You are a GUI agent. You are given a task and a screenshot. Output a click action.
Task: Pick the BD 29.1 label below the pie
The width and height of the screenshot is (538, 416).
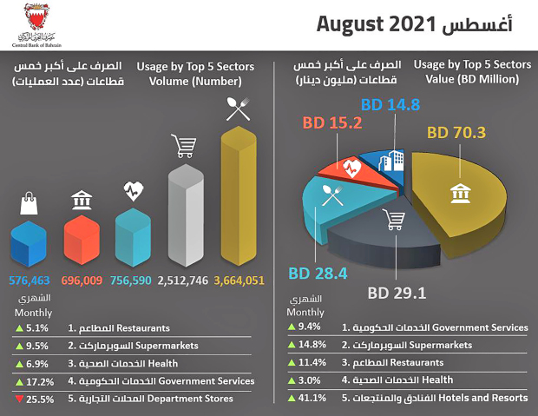(397, 292)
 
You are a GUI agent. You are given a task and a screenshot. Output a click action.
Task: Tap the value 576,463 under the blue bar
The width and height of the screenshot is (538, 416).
(30, 281)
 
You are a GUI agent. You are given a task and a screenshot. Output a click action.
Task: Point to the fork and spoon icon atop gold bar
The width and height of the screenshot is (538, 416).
(236, 109)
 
